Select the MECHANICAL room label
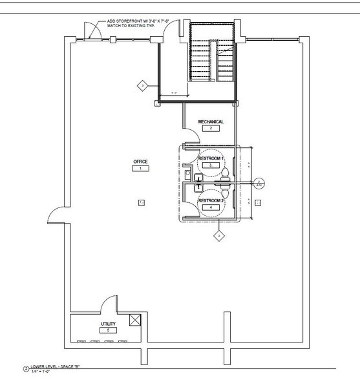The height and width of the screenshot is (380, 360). (x=211, y=121)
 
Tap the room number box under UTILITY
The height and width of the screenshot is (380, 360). (x=108, y=330)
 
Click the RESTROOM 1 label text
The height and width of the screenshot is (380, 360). (x=211, y=158)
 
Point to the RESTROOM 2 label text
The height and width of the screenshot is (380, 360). (x=211, y=201)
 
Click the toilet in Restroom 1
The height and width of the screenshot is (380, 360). (x=226, y=173)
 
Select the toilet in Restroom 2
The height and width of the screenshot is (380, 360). (x=226, y=193)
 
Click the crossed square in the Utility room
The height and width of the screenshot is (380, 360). (x=134, y=319)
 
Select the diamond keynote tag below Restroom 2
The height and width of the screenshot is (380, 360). (x=219, y=237)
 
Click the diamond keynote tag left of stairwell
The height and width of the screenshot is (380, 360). (x=140, y=85)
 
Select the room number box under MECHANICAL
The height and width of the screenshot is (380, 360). (x=211, y=129)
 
